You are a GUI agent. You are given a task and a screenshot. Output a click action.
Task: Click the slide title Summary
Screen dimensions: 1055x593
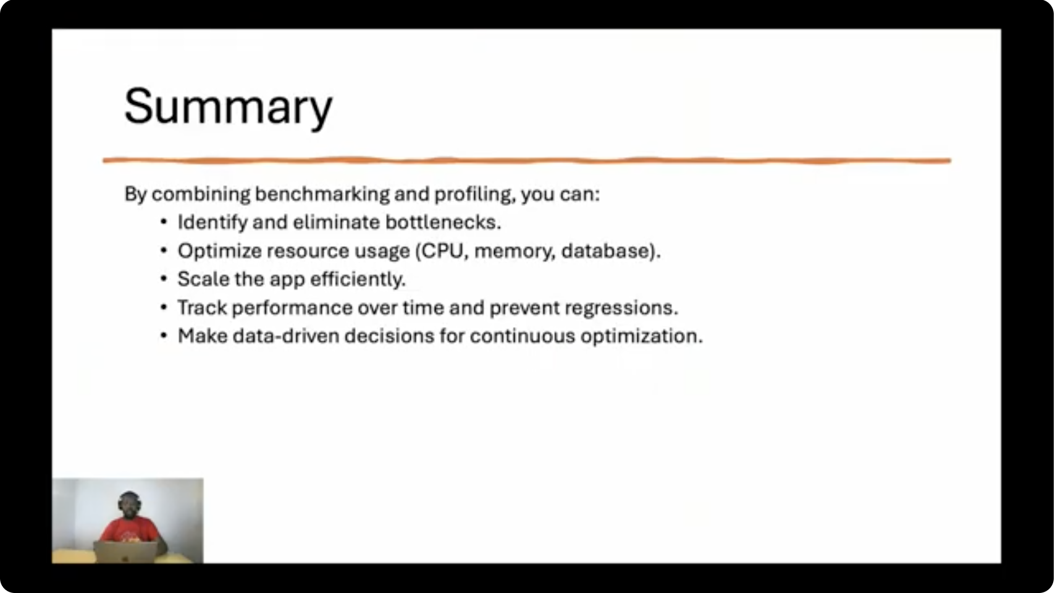tap(229, 107)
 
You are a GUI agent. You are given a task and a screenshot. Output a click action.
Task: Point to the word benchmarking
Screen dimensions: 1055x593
tap(322, 194)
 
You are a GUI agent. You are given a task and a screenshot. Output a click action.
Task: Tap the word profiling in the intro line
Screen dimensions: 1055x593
tap(475, 194)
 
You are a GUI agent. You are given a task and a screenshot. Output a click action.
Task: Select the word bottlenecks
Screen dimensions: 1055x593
tap(443, 222)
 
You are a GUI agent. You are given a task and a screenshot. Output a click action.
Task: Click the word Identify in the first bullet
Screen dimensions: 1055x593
tap(212, 223)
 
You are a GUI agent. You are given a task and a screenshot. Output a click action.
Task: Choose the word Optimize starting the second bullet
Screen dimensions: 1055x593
tap(220, 251)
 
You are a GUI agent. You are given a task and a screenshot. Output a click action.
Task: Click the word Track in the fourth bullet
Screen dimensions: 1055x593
tap(202, 308)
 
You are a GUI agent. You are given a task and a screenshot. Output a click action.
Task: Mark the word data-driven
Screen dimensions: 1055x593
tap(286, 336)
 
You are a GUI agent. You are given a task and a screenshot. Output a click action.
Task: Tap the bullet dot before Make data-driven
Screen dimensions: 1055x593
tap(164, 336)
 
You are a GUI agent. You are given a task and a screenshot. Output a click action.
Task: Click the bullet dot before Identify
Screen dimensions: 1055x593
tap(164, 222)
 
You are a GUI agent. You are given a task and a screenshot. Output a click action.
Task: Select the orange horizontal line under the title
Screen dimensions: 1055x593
tap(527, 161)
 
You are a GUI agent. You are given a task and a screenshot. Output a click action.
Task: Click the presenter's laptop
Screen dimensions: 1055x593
tap(126, 552)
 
